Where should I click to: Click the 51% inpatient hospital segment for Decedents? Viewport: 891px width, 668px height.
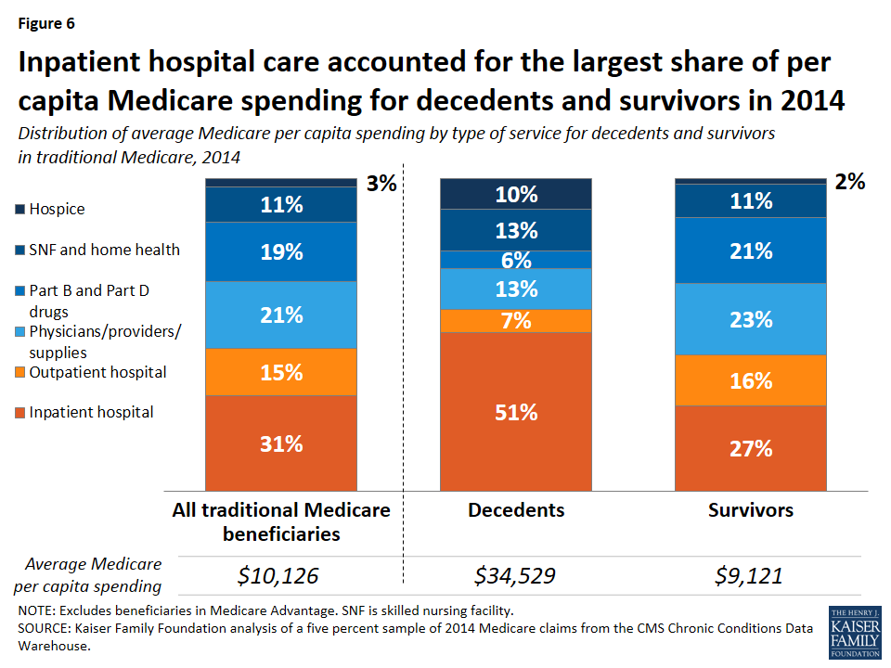516,411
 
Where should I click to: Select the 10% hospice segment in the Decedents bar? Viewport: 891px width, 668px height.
516,194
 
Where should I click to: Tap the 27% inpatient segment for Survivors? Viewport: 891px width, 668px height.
750,448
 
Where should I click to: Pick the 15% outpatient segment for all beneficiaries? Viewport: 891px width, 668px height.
280,372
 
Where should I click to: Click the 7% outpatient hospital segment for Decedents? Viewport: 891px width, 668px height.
516,321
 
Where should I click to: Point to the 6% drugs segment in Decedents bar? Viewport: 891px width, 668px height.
516,260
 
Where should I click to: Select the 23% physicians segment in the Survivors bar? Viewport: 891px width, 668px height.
750,319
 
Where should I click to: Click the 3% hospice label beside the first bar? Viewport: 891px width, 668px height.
381,184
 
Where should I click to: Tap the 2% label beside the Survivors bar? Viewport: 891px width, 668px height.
849,182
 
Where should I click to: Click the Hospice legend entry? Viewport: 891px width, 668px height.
57,209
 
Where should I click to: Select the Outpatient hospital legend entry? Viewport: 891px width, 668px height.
97,372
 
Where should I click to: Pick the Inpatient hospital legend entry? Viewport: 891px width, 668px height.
91,412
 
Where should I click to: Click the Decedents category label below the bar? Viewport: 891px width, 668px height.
516,510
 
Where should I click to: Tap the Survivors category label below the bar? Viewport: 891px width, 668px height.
750,510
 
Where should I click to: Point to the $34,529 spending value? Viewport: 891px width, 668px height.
515,576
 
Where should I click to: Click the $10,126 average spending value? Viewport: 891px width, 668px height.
278,576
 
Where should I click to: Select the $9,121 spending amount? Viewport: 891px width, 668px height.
749,576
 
